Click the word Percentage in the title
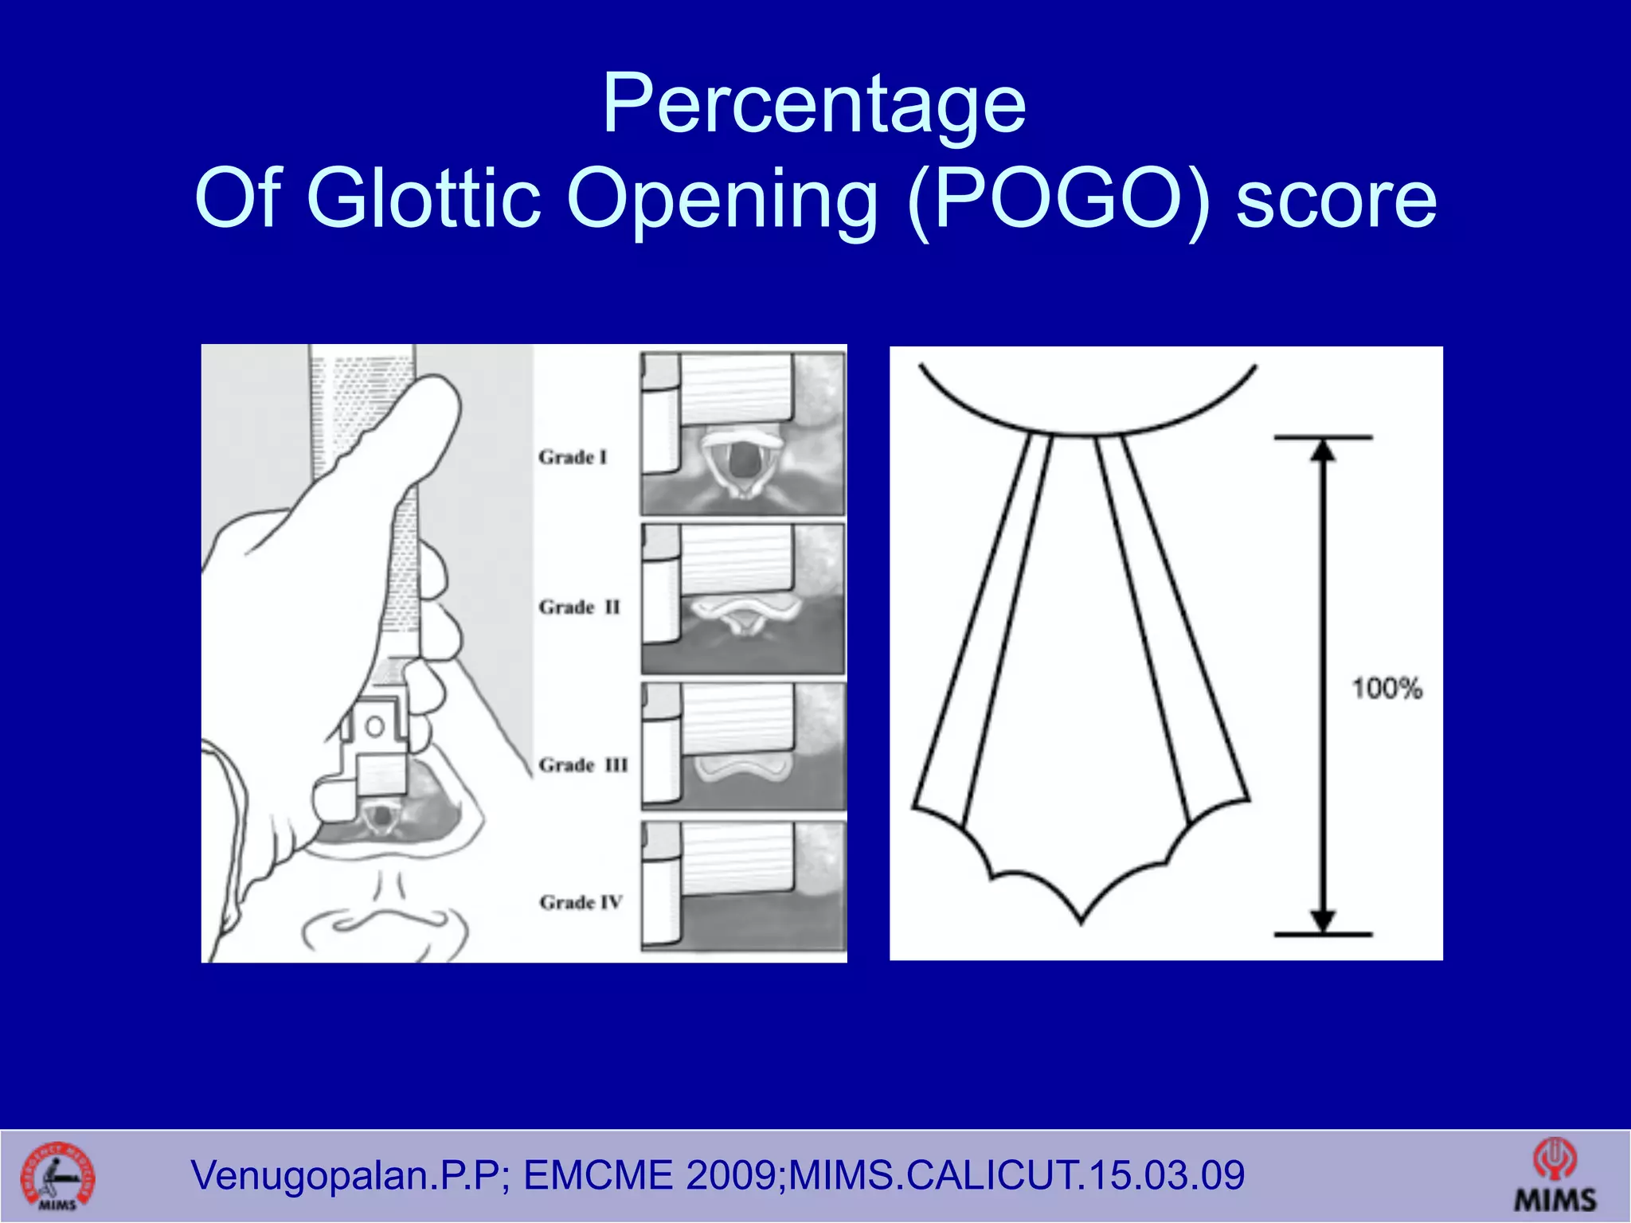click(x=814, y=104)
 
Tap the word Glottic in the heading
click(x=423, y=198)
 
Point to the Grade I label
click(x=573, y=457)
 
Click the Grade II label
click(x=579, y=608)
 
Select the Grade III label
click(x=583, y=765)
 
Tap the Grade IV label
click(x=581, y=902)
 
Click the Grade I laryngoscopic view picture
click(x=742, y=434)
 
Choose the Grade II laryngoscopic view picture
click(x=742, y=599)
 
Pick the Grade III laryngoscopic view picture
click(x=742, y=746)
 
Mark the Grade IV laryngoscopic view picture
click(x=742, y=886)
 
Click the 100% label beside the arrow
click(x=1387, y=689)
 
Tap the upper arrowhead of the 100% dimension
click(x=1323, y=451)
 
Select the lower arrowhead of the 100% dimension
click(x=1323, y=920)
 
